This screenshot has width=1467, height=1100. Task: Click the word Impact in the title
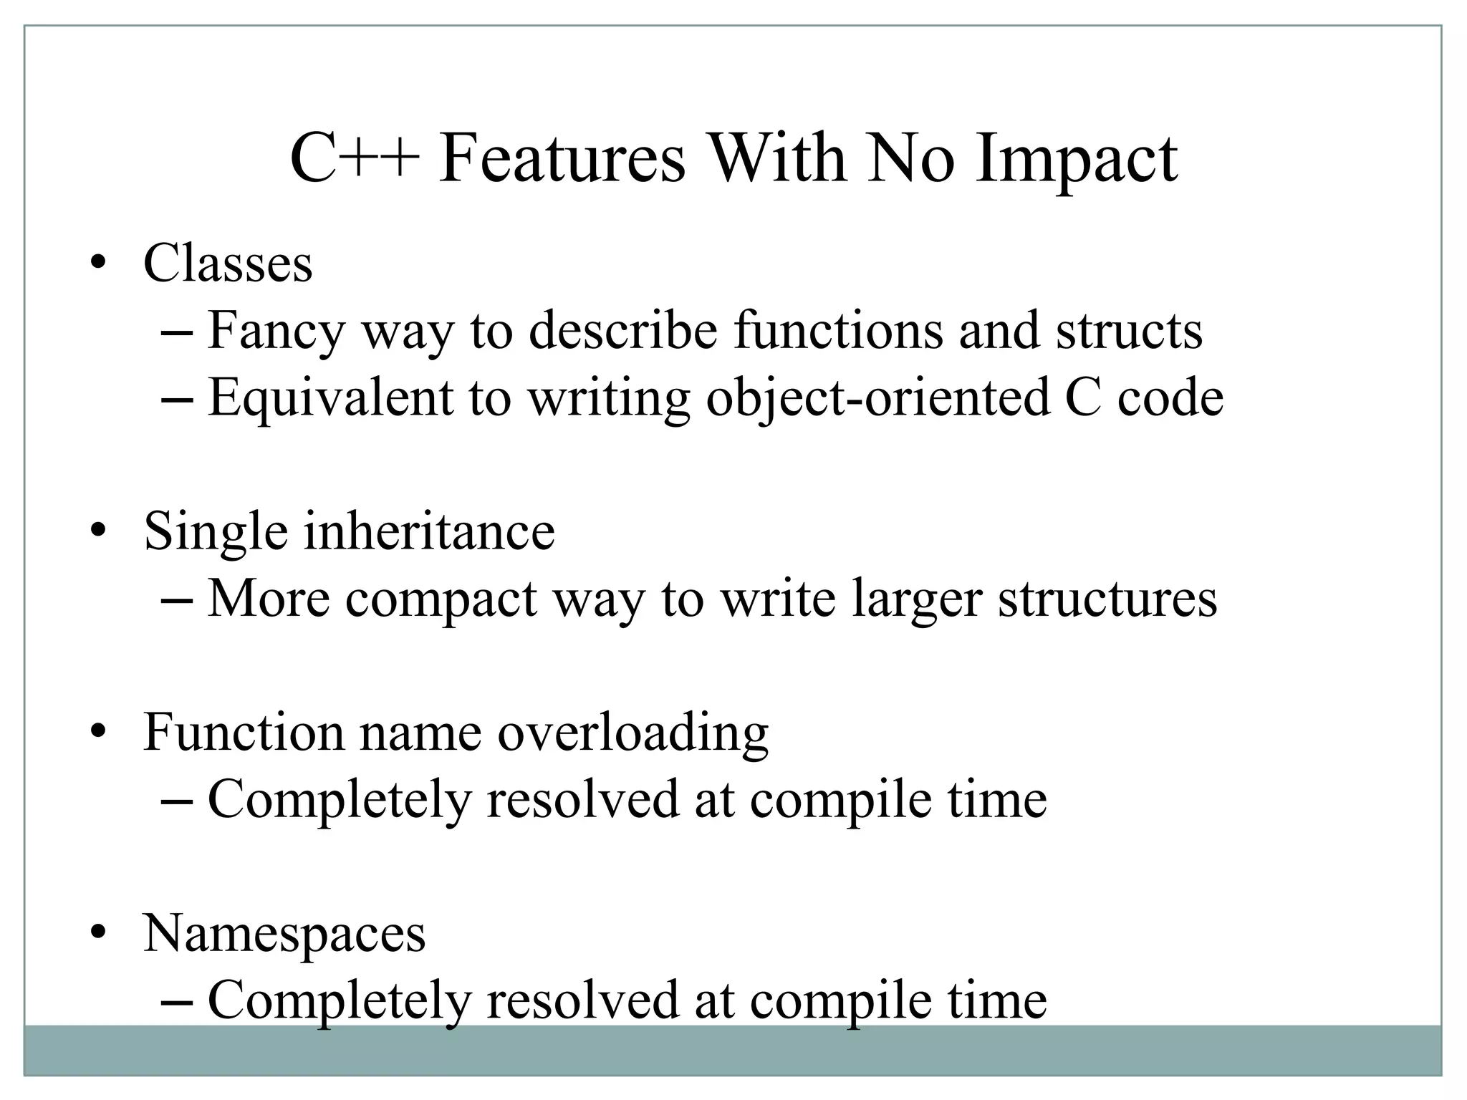[x=1076, y=159]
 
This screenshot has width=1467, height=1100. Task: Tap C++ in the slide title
[x=354, y=159]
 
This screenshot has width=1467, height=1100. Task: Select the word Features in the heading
[x=562, y=159]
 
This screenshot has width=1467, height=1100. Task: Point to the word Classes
[x=228, y=264]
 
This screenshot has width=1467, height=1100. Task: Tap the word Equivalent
[x=330, y=397]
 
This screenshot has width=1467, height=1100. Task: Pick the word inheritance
[x=428, y=531]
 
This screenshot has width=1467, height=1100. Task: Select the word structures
[x=1107, y=599]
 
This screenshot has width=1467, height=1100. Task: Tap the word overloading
[x=633, y=733]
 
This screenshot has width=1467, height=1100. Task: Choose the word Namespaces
[x=284, y=934]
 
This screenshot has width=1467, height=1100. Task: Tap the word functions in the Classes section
[x=838, y=330]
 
